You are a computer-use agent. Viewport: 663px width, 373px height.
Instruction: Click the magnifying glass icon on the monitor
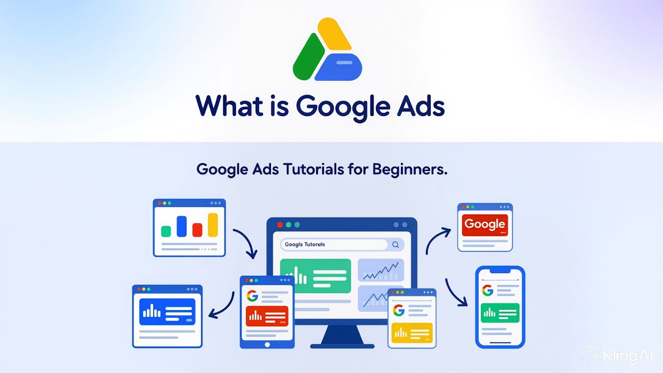point(396,245)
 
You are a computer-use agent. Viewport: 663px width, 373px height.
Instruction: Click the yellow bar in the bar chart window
point(212,225)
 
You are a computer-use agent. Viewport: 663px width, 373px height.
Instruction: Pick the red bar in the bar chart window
point(197,229)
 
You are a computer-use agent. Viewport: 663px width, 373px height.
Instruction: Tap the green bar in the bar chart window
point(166,231)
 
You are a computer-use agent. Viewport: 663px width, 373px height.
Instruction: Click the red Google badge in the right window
point(485,225)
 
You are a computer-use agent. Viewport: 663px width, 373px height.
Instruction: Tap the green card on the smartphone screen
point(500,313)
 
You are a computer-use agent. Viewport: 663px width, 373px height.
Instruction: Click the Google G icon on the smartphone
point(487,290)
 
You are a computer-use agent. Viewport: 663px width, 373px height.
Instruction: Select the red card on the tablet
point(267,315)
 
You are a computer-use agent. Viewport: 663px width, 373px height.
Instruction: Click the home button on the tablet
point(267,345)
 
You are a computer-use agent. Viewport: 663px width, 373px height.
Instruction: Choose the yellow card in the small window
point(412,332)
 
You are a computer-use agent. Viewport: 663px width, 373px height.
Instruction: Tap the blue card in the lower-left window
point(167,311)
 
